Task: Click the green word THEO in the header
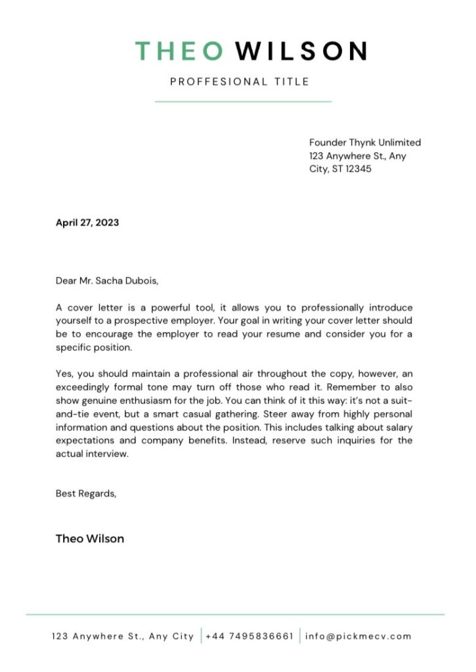179,51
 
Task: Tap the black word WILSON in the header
301,51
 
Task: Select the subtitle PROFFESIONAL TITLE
240,82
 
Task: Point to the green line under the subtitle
243,102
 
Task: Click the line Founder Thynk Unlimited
365,142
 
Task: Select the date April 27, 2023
87,222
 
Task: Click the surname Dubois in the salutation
141,282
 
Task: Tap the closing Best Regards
86,493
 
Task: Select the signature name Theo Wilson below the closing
90,539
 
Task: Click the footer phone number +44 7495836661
249,636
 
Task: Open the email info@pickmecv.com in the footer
358,636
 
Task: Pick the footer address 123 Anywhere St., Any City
123,636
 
